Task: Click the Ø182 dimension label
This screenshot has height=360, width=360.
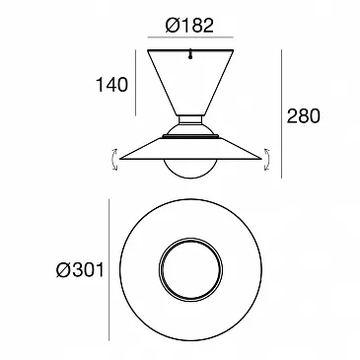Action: (189, 26)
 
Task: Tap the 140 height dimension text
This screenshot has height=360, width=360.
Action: (111, 85)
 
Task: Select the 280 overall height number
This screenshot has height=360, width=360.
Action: (303, 116)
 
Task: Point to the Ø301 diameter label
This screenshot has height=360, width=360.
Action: (80, 270)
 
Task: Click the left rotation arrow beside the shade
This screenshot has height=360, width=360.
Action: (114, 160)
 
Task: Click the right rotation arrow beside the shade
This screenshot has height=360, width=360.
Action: (267, 160)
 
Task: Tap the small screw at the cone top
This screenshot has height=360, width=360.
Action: (190, 54)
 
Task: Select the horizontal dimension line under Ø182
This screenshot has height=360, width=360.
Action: (190, 37)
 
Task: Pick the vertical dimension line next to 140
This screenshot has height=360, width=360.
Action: (135, 83)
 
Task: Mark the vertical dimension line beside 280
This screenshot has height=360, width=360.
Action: (281, 113)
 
